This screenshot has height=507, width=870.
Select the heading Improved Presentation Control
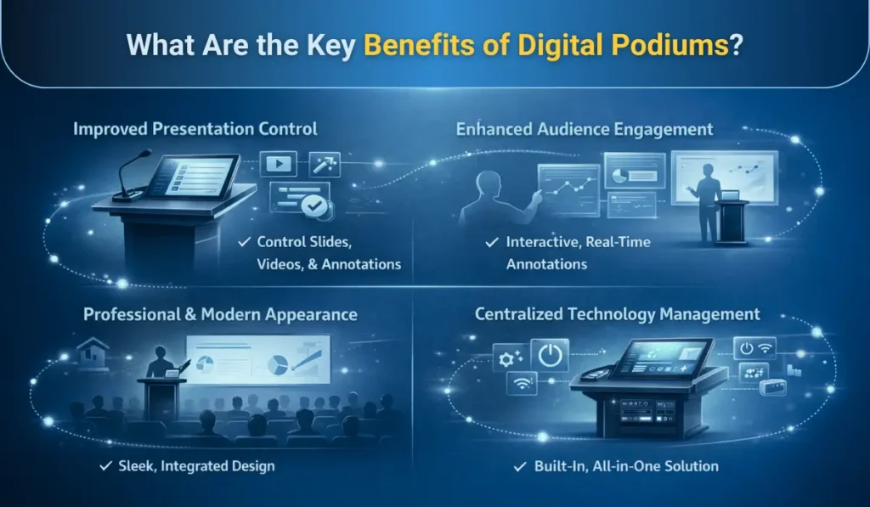click(195, 129)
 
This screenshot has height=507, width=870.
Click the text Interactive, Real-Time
click(578, 243)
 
